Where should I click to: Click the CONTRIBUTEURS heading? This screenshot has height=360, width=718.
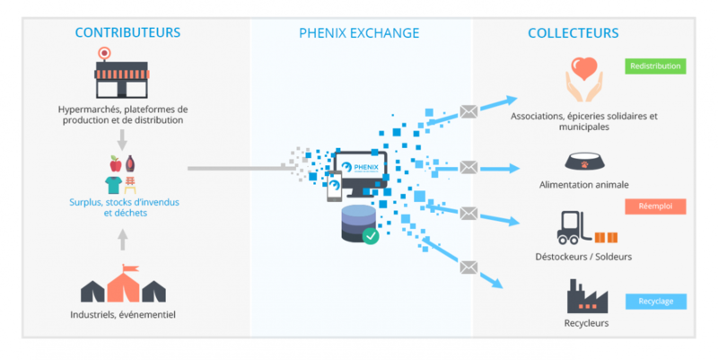click(127, 33)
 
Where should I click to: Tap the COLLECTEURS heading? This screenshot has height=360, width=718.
click(573, 33)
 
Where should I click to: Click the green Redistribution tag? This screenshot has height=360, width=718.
click(655, 66)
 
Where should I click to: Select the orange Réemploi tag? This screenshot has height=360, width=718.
click(655, 206)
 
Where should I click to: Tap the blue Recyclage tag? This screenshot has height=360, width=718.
click(655, 302)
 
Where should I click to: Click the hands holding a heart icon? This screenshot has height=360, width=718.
click(584, 81)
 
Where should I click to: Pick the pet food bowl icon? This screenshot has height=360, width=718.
click(583, 162)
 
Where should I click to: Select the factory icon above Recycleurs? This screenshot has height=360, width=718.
click(585, 295)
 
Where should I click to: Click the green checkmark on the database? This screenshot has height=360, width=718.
click(370, 235)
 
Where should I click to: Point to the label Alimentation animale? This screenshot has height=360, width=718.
click(583, 185)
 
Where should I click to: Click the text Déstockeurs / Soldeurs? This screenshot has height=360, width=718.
click(584, 257)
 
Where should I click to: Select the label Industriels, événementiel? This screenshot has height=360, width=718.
click(123, 315)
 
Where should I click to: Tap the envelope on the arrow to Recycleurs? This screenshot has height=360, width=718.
click(468, 267)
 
